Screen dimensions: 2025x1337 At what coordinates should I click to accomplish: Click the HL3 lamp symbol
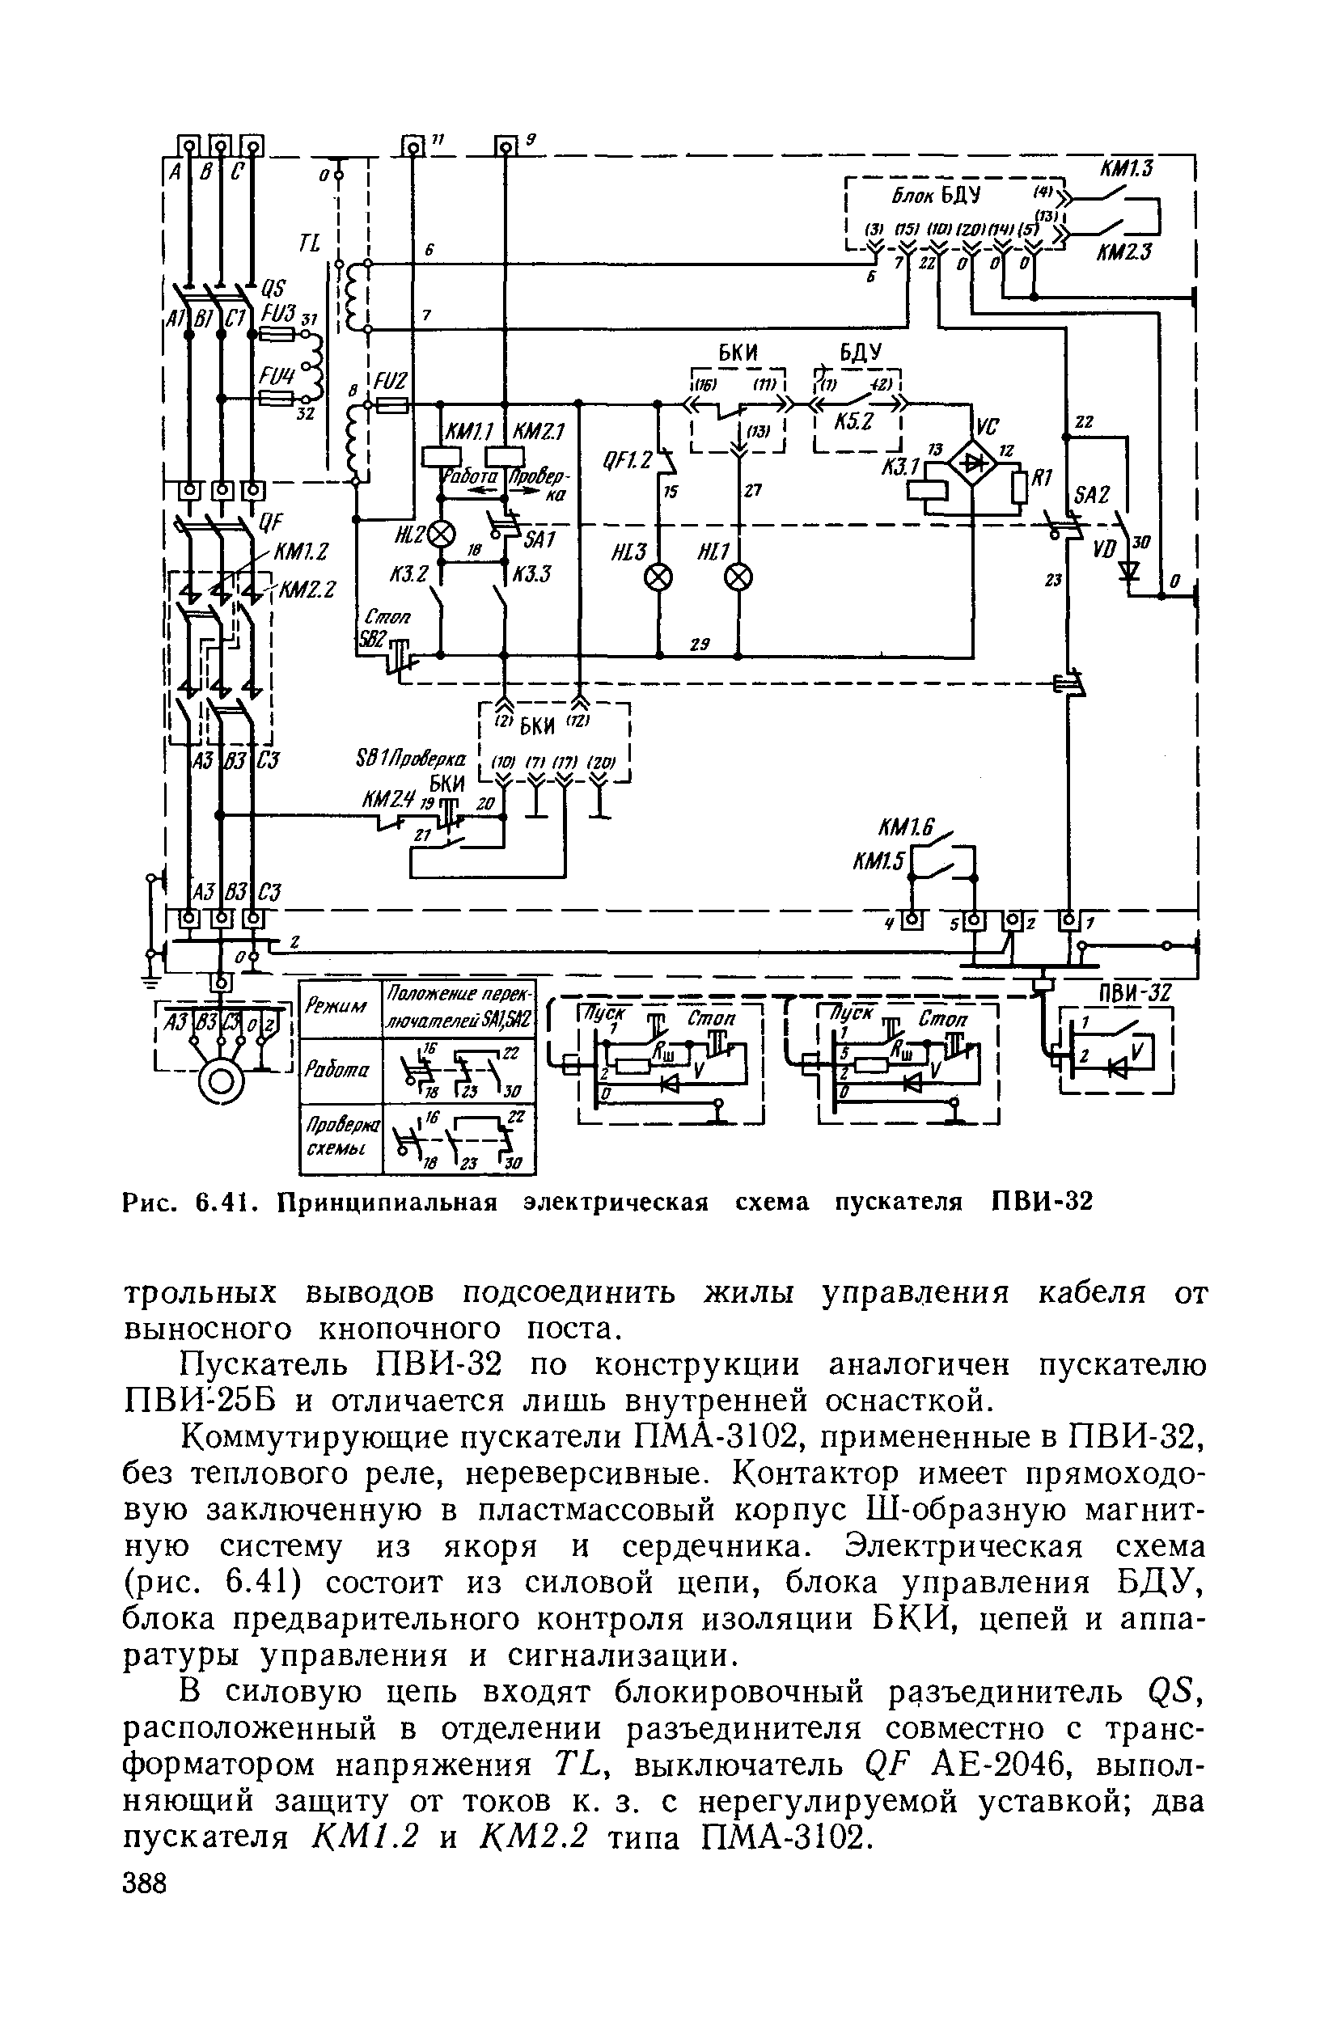click(658, 577)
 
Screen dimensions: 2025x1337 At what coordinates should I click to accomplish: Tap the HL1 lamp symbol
click(738, 577)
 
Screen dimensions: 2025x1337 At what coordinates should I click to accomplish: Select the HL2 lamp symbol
click(442, 535)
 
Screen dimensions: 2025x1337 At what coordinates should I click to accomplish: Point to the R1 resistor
click(1021, 486)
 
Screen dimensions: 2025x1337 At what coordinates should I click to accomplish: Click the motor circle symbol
click(220, 1080)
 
